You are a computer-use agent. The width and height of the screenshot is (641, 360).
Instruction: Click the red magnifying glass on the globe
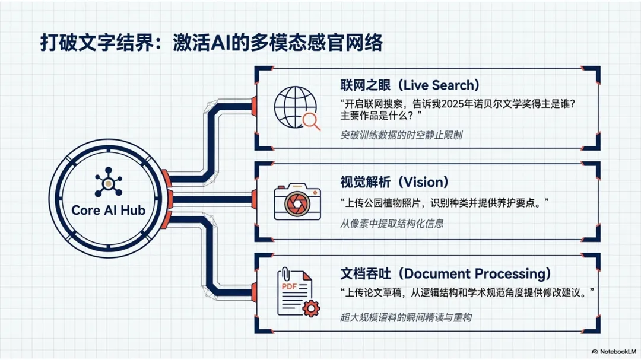[310, 121]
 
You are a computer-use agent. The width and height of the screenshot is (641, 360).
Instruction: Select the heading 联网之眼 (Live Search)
[410, 85]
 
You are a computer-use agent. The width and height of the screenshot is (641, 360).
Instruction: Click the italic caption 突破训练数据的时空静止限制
[401, 135]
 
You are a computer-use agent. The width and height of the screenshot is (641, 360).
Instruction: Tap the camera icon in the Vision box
[297, 201]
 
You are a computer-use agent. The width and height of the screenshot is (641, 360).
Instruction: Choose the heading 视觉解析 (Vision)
[394, 182]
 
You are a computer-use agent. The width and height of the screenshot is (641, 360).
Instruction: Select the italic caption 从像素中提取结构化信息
[392, 224]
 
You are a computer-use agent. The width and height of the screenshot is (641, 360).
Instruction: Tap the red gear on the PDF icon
[310, 308]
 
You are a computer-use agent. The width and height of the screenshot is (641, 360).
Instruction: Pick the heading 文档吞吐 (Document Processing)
[445, 273]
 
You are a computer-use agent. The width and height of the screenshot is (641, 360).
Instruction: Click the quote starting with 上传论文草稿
[468, 292]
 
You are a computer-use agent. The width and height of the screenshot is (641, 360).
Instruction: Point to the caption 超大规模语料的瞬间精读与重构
[406, 317]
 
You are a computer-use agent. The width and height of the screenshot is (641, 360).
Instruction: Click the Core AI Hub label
[108, 210]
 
